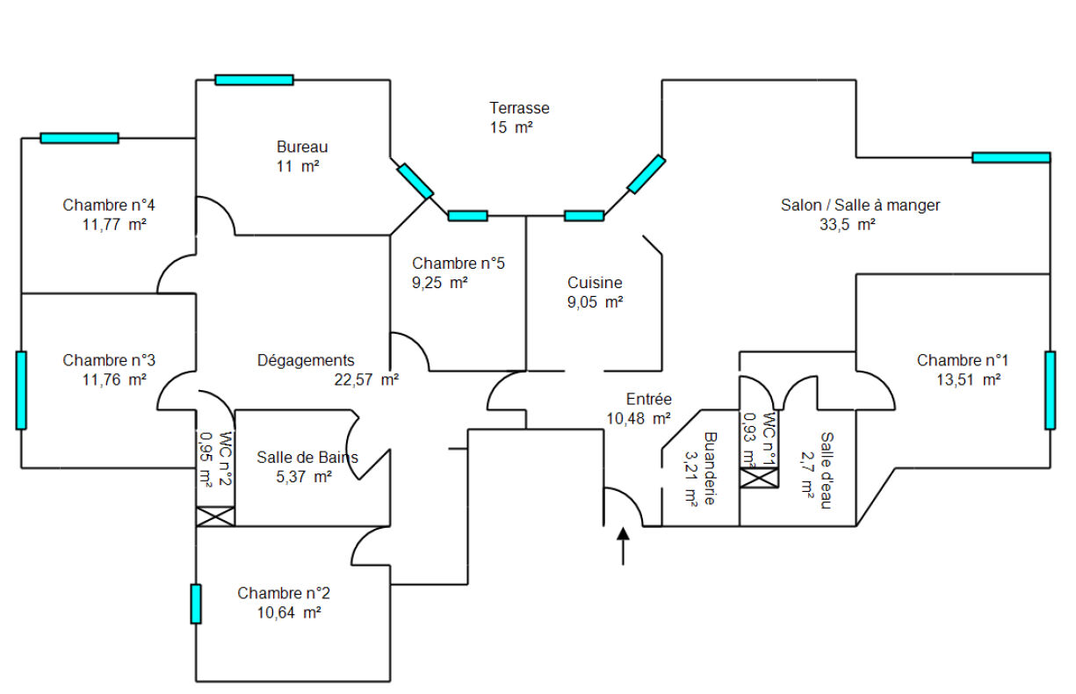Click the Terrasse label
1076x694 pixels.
pyautogui.click(x=519, y=108)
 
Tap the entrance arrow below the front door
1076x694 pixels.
pyautogui.click(x=624, y=545)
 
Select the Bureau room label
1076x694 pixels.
pyautogui.click(x=302, y=147)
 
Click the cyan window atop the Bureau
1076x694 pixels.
pyautogui.click(x=254, y=80)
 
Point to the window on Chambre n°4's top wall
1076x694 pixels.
pyautogui.click(x=79, y=138)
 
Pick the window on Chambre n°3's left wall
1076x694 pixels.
pyautogui.click(x=21, y=390)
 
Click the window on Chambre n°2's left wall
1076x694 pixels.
pyautogui.click(x=196, y=604)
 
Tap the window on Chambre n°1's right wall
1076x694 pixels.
pyautogui.click(x=1050, y=390)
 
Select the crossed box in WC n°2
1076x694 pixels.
pyautogui.click(x=215, y=516)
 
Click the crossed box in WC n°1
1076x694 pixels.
pyautogui.click(x=759, y=477)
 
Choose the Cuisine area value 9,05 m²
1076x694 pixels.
pyautogui.click(x=595, y=302)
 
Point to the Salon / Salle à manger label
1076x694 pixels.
pyautogui.click(x=860, y=205)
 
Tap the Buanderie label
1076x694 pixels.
pyautogui.click(x=711, y=467)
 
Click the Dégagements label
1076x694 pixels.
pyautogui.click(x=306, y=360)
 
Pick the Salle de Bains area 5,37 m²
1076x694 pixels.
pyautogui.click(x=304, y=477)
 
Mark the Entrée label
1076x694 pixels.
pyautogui.click(x=648, y=398)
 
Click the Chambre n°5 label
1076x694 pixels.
pyautogui.click(x=458, y=263)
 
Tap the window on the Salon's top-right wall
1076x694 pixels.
pyautogui.click(x=1010, y=157)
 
